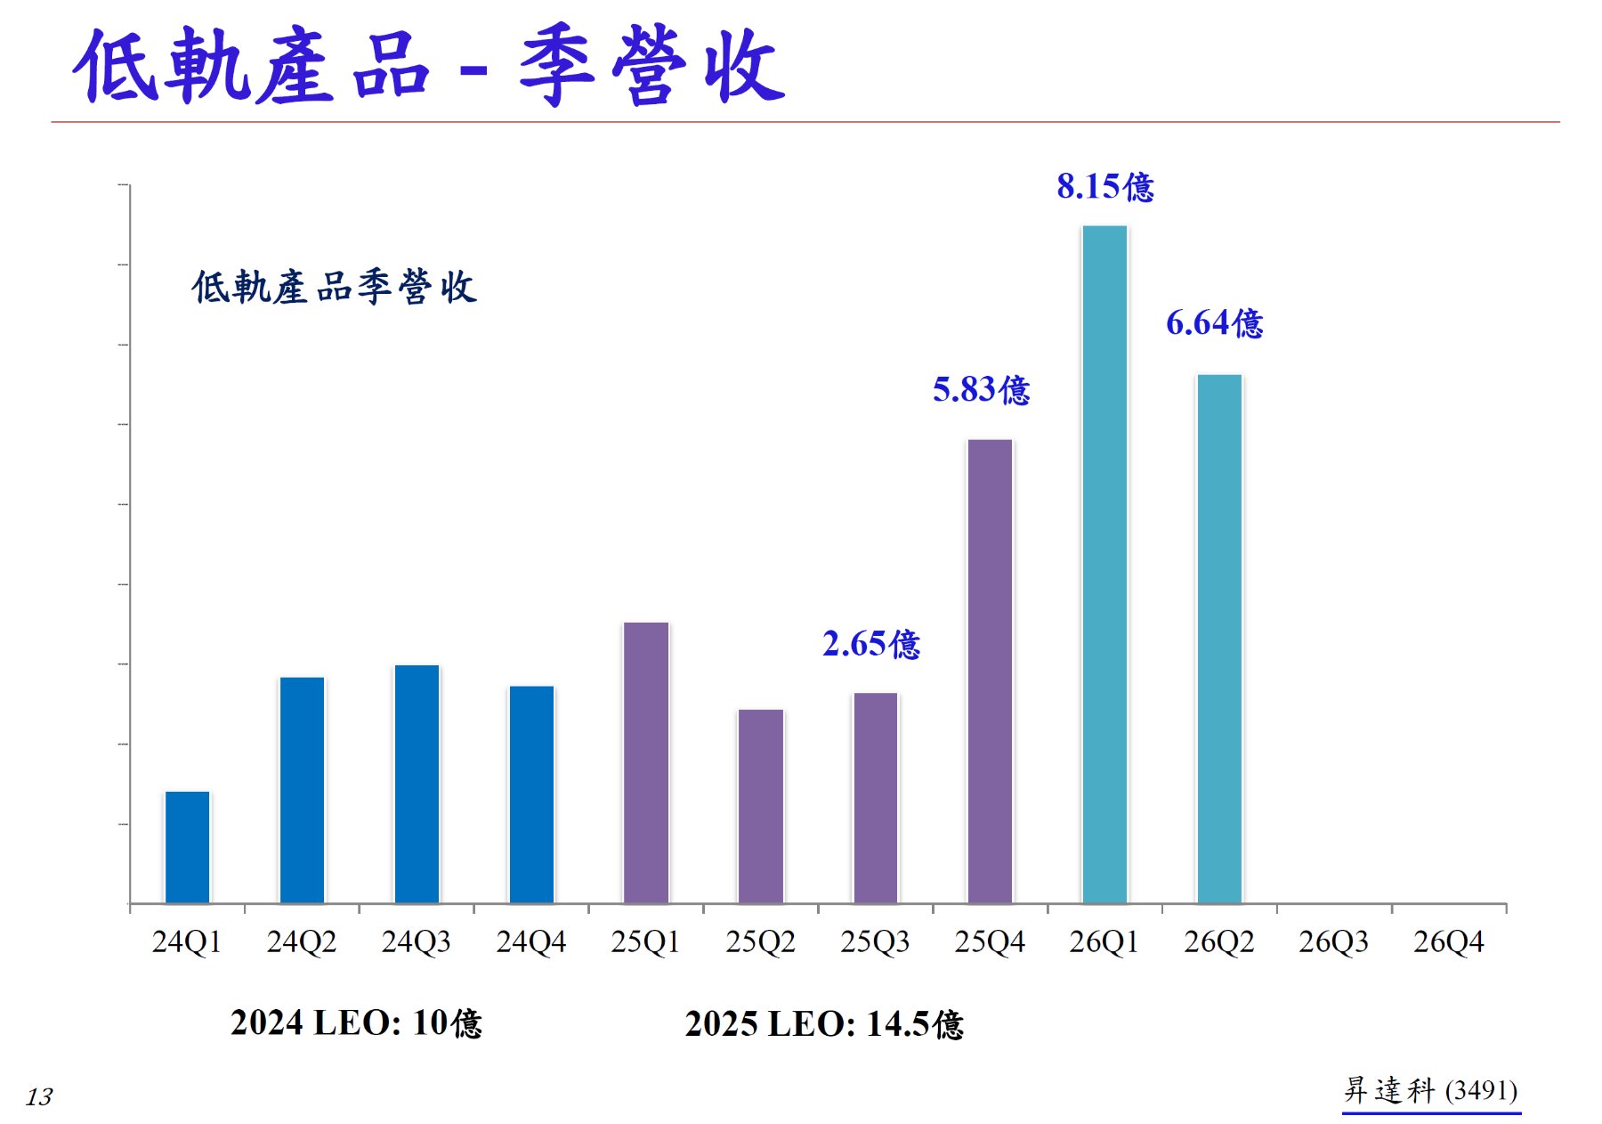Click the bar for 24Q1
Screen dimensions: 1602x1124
(x=187, y=847)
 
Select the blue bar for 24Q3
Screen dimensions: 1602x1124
(x=417, y=784)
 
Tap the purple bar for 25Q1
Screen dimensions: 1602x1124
(x=646, y=762)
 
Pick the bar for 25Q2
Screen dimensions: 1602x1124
(x=761, y=806)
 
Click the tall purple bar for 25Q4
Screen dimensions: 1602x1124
(x=990, y=672)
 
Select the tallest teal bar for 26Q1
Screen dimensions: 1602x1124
(x=1104, y=565)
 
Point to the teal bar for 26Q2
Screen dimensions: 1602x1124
(x=1219, y=639)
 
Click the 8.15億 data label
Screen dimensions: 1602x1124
(x=1105, y=186)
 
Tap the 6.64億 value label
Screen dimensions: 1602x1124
(x=1215, y=322)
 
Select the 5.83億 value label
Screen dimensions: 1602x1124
(x=982, y=389)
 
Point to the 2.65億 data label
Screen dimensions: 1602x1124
(x=871, y=643)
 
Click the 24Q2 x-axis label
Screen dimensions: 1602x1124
(x=302, y=941)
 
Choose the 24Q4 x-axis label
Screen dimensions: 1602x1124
(x=531, y=941)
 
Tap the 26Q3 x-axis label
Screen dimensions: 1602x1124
(x=1334, y=941)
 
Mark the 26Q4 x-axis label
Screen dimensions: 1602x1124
(x=1449, y=941)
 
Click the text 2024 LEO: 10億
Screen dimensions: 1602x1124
(x=356, y=1022)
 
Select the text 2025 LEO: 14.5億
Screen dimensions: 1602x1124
(x=824, y=1023)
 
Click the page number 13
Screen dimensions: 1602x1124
(x=39, y=1096)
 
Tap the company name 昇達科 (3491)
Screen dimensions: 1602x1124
(x=1431, y=1090)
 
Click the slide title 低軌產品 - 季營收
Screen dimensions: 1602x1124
(x=430, y=66)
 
